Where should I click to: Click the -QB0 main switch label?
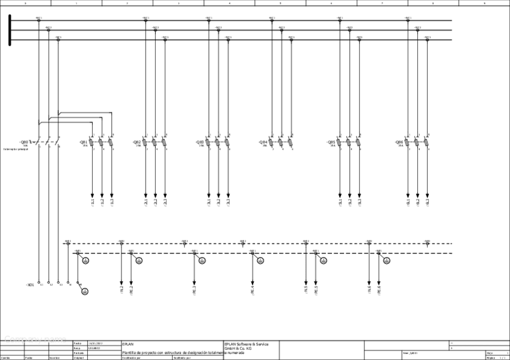[x=23, y=142]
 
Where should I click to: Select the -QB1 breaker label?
[x=84, y=142]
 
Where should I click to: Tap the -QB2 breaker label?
[x=137, y=142]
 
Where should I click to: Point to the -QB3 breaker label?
[x=200, y=142]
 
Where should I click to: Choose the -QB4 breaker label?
[x=263, y=142]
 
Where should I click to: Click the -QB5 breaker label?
[x=331, y=142]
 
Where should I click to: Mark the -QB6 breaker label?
[x=399, y=142]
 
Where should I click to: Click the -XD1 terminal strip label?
[x=30, y=284]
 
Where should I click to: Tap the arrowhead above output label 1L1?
[x=92, y=195]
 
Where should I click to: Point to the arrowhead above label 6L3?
[x=427, y=195]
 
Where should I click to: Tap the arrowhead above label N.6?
[x=369, y=282]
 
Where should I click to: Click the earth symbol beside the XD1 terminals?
[x=85, y=291]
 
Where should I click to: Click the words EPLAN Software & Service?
[x=246, y=344]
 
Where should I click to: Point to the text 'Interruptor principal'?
[x=16, y=149]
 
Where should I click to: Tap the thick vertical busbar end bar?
[x=10, y=30]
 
